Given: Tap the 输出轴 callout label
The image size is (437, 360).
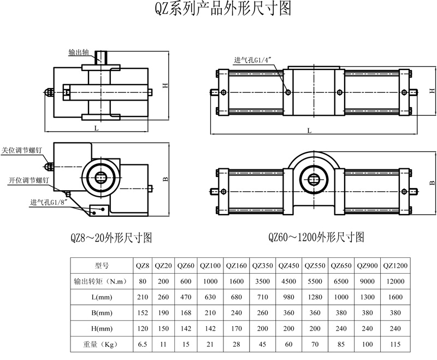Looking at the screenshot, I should pyautogui.click(x=80, y=53).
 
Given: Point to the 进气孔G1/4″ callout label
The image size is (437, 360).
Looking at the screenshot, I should pyautogui.click(x=253, y=60).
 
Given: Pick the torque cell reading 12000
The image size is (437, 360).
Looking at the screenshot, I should pyautogui.click(x=395, y=281).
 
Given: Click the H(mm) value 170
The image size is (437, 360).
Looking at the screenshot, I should pyautogui.click(x=237, y=329).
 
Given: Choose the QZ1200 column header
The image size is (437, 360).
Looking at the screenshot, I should pyautogui.click(x=395, y=266).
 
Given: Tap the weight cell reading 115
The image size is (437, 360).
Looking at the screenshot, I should pyautogui.click(x=395, y=345).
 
